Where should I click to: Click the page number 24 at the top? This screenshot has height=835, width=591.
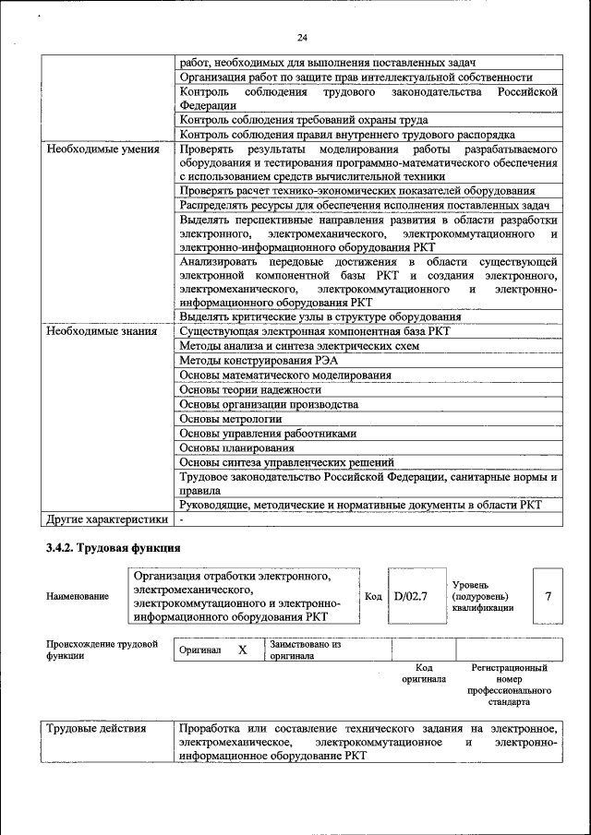point(302,38)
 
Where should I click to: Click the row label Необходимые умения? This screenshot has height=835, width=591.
point(103,149)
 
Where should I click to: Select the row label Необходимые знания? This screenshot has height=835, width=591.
point(102,330)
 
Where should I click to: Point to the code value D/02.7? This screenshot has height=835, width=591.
point(411,596)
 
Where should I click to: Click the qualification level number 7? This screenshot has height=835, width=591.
point(549,596)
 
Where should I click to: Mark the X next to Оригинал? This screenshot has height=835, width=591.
point(243,650)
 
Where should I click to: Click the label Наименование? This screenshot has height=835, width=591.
point(77,597)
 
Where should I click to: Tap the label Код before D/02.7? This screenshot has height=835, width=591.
point(373,596)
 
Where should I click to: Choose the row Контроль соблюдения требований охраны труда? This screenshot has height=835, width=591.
point(304,120)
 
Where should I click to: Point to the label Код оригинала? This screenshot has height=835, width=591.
point(424,673)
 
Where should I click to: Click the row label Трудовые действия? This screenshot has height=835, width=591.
point(97,728)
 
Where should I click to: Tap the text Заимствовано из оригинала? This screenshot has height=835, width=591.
point(306,650)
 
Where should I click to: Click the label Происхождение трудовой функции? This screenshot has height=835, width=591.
point(102,650)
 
